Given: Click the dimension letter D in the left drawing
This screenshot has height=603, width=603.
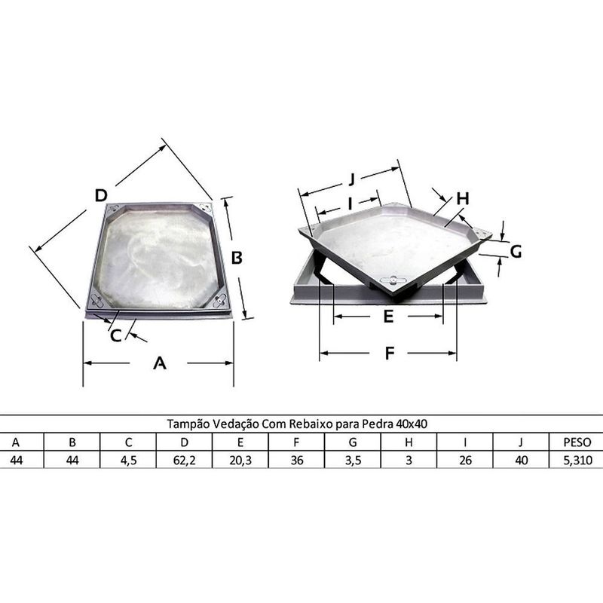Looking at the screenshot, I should (x=101, y=195).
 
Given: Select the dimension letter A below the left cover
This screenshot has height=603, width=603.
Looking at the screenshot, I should (x=159, y=363).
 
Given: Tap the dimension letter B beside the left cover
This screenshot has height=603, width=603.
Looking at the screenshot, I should (x=236, y=257).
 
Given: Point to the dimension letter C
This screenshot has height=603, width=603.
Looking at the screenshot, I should (x=115, y=335).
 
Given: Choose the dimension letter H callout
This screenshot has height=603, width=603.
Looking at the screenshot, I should (x=463, y=198).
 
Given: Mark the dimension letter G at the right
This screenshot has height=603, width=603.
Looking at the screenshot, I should (x=516, y=252).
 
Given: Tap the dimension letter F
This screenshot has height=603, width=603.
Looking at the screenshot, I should (x=389, y=353).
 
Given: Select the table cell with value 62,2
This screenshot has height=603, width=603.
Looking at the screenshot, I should (x=184, y=459).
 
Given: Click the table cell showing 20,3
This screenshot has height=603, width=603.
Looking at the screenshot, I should (x=240, y=459).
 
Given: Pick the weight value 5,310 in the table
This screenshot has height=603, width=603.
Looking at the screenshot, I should (x=577, y=459).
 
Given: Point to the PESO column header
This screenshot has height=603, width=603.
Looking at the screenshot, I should (x=577, y=442).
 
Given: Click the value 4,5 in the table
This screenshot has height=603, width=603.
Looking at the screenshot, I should (x=128, y=459).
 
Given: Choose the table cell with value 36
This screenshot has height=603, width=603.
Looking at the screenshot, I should (x=296, y=459).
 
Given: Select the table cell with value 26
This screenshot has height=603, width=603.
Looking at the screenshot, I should (x=465, y=459).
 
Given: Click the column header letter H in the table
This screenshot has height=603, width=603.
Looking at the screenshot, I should (x=409, y=442).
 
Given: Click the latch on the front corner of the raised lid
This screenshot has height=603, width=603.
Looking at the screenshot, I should (x=393, y=282).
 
